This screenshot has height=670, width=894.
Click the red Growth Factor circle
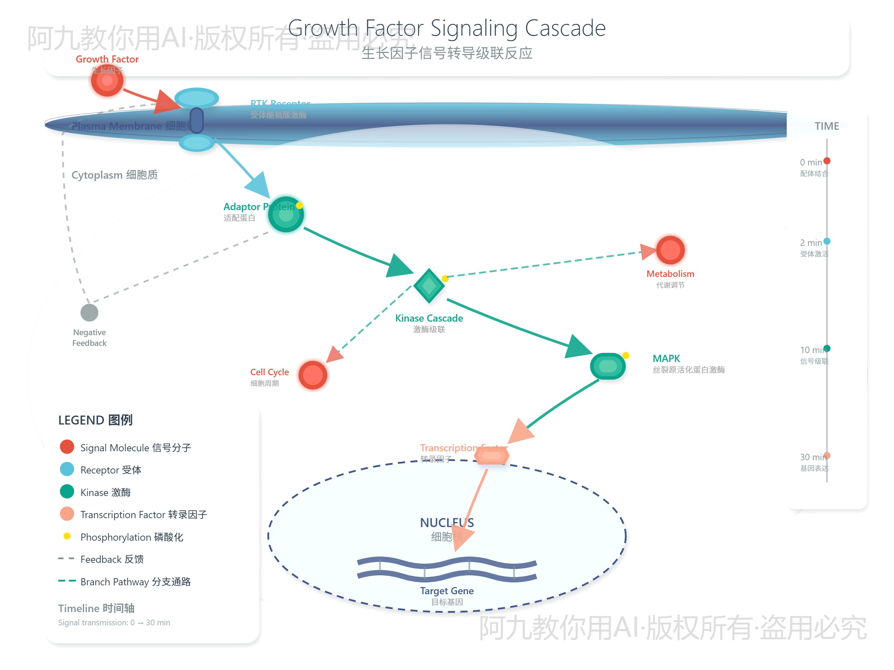(x=107, y=80)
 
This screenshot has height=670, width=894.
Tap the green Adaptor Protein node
(x=286, y=214)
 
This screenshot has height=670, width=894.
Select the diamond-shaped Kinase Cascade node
(x=429, y=286)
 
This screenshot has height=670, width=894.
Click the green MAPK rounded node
(x=608, y=366)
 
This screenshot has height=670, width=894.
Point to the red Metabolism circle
(x=670, y=250)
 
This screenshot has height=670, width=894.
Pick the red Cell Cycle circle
(x=313, y=375)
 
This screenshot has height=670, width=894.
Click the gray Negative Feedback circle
(x=89, y=312)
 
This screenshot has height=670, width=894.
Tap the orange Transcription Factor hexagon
(x=491, y=456)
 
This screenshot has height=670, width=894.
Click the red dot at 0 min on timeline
(x=827, y=161)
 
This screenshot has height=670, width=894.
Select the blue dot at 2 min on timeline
(x=827, y=241)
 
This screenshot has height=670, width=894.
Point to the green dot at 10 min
(x=827, y=348)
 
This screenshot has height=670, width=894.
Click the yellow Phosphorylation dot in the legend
(x=67, y=536)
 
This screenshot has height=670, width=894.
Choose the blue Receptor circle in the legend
(x=67, y=469)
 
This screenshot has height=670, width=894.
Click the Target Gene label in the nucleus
(x=447, y=590)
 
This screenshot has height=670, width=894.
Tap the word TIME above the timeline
(x=826, y=126)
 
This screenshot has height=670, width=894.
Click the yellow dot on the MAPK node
(x=626, y=356)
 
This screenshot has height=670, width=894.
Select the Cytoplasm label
(x=114, y=175)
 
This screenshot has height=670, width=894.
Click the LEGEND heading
(x=95, y=420)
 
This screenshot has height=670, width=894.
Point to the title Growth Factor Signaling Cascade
(x=447, y=28)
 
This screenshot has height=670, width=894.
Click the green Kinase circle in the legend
(x=67, y=491)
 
